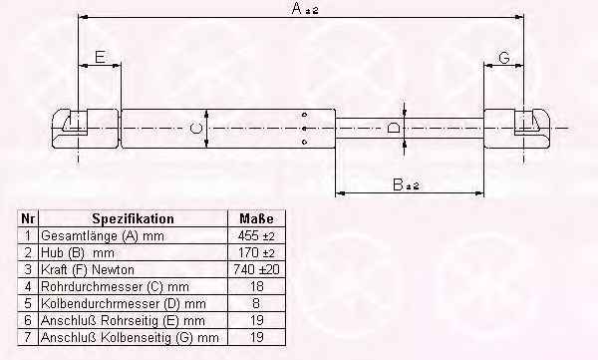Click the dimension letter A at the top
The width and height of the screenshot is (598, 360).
296,8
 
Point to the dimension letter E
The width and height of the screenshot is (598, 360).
100,57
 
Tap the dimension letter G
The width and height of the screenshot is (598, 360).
504,58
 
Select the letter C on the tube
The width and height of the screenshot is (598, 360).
195,129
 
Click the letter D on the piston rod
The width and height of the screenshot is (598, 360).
394,128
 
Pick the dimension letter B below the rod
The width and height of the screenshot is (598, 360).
398,184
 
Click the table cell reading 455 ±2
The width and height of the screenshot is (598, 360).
256,236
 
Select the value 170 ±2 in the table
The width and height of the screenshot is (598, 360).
256,252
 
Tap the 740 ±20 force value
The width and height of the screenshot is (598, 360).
256,269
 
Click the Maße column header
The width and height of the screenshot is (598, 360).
256,218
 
